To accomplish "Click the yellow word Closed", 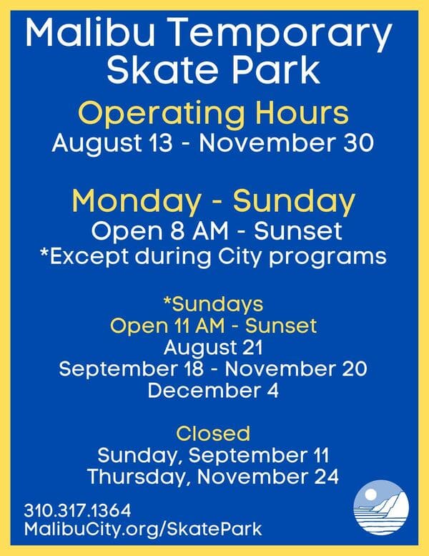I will (213, 433).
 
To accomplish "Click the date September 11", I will (265, 454).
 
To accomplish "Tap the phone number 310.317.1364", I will (77, 512).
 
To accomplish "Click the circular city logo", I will (381, 507).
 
